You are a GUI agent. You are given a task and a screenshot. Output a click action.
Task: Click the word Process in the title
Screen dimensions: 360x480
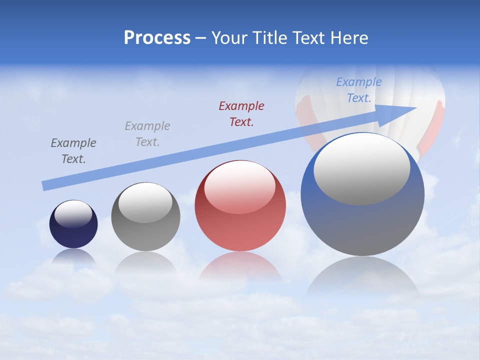coord(157,38)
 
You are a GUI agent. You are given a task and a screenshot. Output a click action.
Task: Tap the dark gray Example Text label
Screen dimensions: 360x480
coord(73,151)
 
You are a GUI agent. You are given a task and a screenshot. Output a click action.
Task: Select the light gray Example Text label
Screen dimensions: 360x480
coord(147,134)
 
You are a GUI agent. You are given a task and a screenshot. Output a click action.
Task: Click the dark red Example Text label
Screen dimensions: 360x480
coord(241,113)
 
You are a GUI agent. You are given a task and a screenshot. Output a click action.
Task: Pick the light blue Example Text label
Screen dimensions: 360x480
coord(359,90)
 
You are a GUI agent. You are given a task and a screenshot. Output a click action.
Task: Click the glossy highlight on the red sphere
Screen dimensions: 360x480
coord(239,187)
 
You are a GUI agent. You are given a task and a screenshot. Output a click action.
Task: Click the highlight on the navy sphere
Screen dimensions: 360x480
coord(73,214)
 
